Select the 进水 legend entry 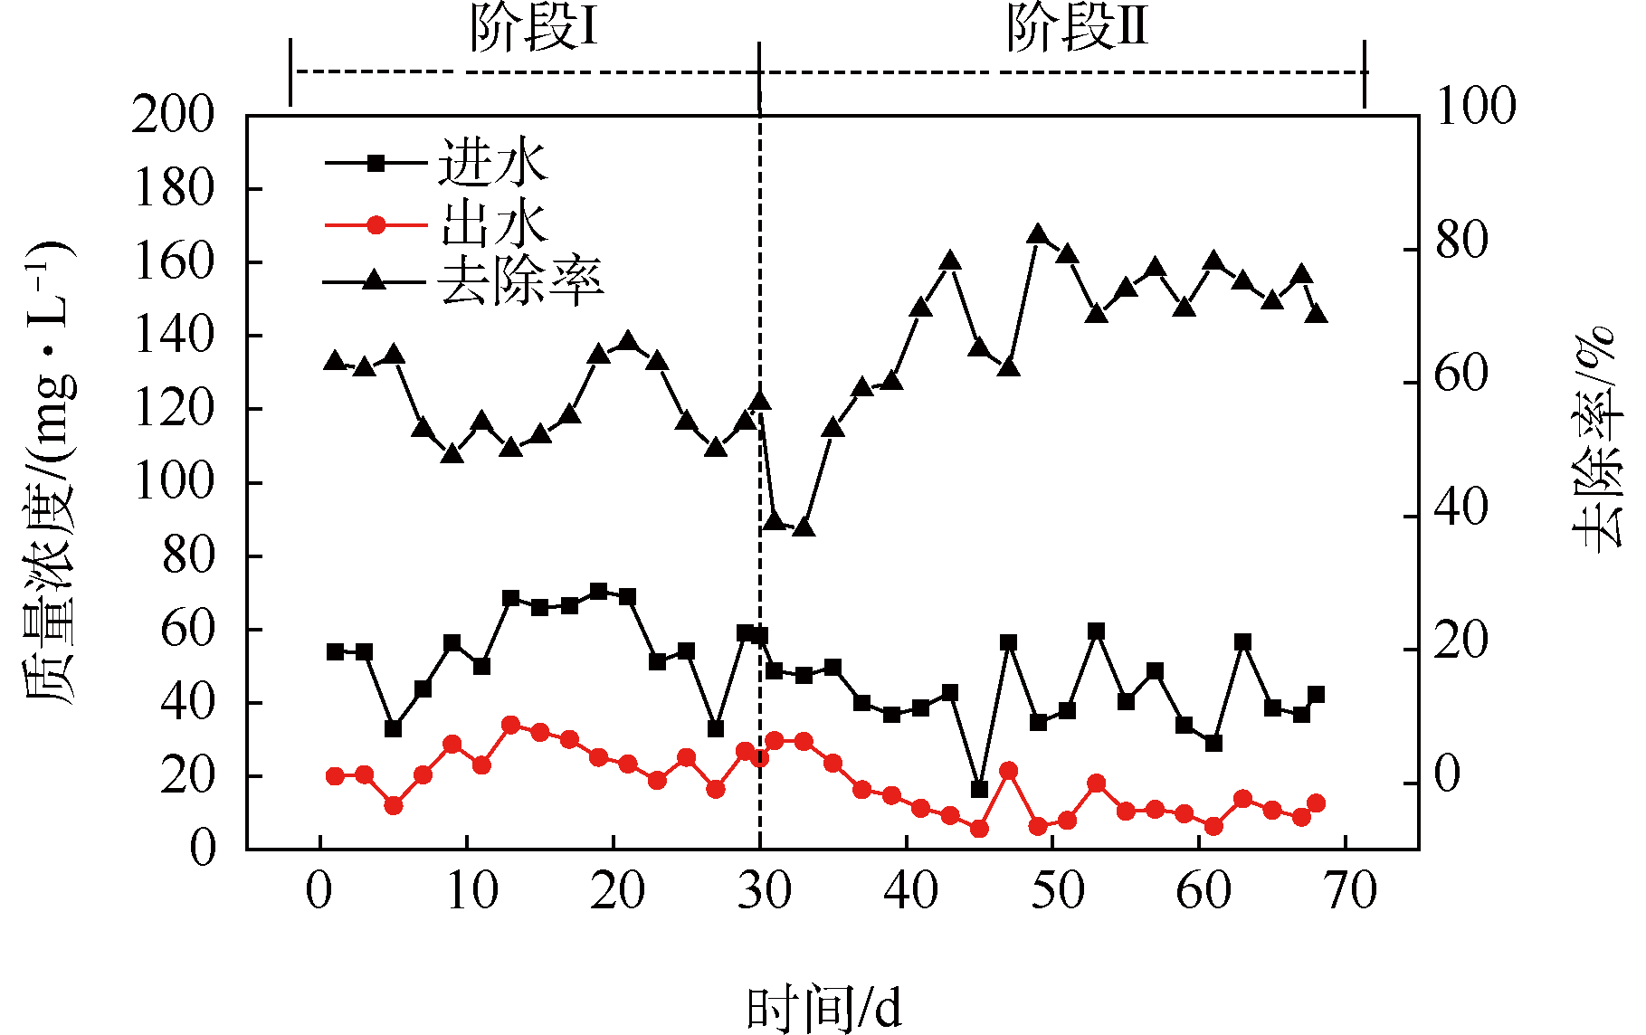[x=493, y=164]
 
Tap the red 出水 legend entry [x=493, y=223]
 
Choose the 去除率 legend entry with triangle [x=519, y=282]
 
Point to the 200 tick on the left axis [x=174, y=116]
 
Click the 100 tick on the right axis [x=1476, y=108]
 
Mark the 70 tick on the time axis [x=1348, y=891]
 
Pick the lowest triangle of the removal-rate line [x=804, y=527]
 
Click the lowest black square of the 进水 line [x=979, y=790]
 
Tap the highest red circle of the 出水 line [x=510, y=725]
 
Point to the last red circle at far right [x=1316, y=803]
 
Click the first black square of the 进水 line [x=335, y=651]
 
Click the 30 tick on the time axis [x=762, y=891]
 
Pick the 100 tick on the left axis [x=174, y=482]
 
